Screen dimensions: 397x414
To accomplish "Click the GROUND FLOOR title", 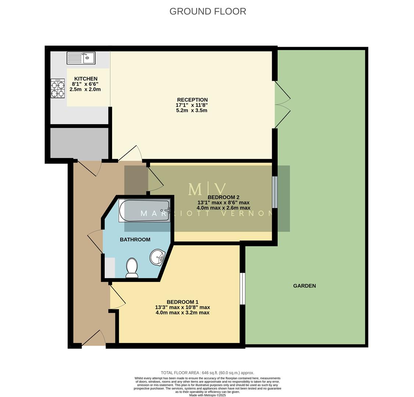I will click(207, 11).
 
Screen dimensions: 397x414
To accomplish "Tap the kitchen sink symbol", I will click(81, 58).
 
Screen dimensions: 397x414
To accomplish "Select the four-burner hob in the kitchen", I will click(58, 89).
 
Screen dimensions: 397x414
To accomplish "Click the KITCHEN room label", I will click(86, 79).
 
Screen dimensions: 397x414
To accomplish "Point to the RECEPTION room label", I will click(192, 100).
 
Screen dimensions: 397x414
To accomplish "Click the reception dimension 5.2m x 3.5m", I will click(192, 110).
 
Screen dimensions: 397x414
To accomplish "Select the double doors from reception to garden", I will click(282, 104).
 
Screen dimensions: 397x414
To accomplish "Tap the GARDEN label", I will click(304, 286).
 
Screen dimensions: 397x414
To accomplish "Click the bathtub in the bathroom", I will click(144, 211).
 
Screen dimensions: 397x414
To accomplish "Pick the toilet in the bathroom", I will click(132, 268).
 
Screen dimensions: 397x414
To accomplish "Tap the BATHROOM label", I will click(135, 240).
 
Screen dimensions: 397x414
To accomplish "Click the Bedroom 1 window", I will click(242, 289).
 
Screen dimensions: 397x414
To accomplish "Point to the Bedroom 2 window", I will click(274, 192).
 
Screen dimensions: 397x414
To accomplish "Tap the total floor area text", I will click(207, 373).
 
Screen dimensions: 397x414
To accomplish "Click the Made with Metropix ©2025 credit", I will click(207, 395).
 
